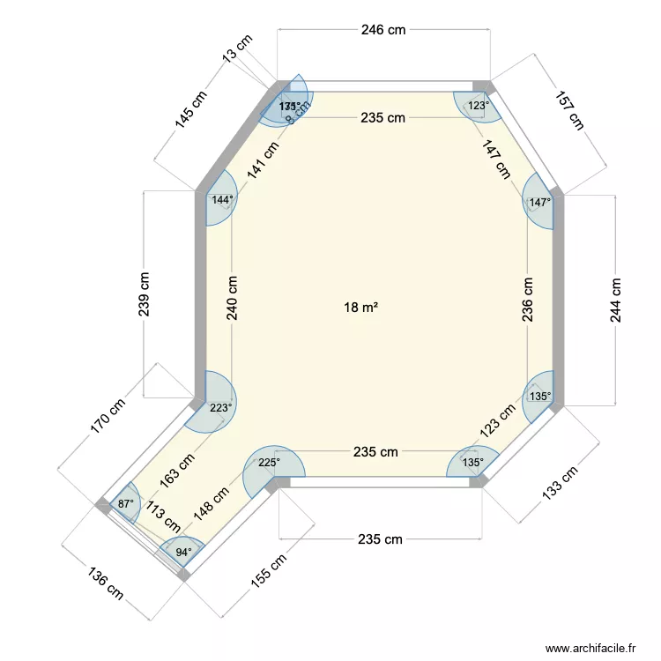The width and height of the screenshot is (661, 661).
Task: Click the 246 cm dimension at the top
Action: [383, 30]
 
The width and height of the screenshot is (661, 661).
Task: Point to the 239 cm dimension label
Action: [145, 293]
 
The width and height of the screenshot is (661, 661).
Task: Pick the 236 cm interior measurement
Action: [527, 300]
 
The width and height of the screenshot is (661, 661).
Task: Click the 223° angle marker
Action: [221, 407]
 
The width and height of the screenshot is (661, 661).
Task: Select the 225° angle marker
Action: [269, 461]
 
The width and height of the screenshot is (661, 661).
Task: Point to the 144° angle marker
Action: [222, 200]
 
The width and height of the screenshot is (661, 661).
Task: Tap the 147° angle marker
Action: [539, 202]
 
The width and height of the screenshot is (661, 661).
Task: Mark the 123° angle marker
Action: [478, 106]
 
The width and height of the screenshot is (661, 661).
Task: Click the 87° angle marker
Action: [126, 504]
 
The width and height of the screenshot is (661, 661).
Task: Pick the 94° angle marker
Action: [183, 553]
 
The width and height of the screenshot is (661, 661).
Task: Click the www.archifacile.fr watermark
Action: [590, 648]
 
